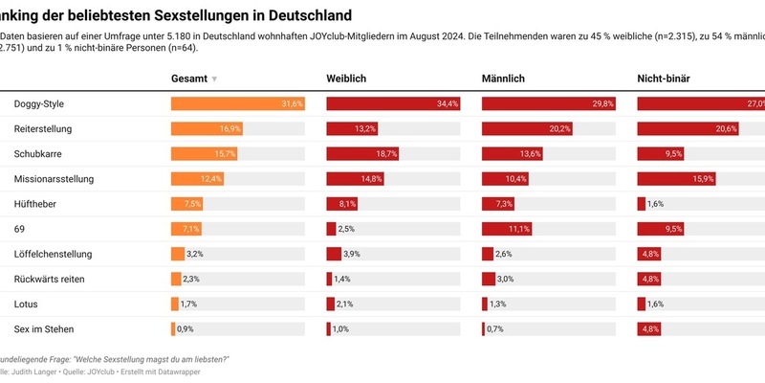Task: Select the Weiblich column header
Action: tap(346, 78)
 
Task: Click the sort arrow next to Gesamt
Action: tap(214, 79)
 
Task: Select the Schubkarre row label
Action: tap(40, 153)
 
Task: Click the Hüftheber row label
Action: tap(35, 203)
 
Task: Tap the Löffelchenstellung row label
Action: tap(53, 254)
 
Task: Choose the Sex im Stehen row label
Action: tap(45, 328)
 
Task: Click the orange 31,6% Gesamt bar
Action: tap(237, 103)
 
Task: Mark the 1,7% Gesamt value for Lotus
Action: tap(189, 304)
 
